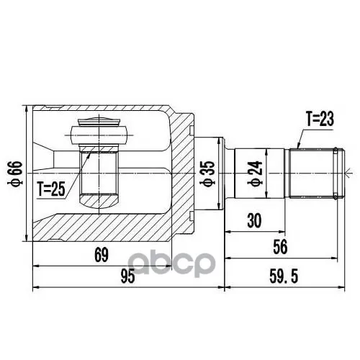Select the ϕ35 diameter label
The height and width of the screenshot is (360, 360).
click(x=207, y=174)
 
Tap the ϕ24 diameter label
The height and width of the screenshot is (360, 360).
click(x=256, y=174)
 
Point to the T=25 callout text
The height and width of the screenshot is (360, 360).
click(x=51, y=189)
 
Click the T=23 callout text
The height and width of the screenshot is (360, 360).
click(x=320, y=120)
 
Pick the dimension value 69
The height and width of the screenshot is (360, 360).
click(x=102, y=255)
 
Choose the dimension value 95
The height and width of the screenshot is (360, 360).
click(x=127, y=276)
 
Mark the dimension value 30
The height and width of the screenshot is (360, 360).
click(x=254, y=221)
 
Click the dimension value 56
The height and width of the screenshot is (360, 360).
click(x=280, y=247)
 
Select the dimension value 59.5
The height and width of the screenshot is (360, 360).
click(x=284, y=276)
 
